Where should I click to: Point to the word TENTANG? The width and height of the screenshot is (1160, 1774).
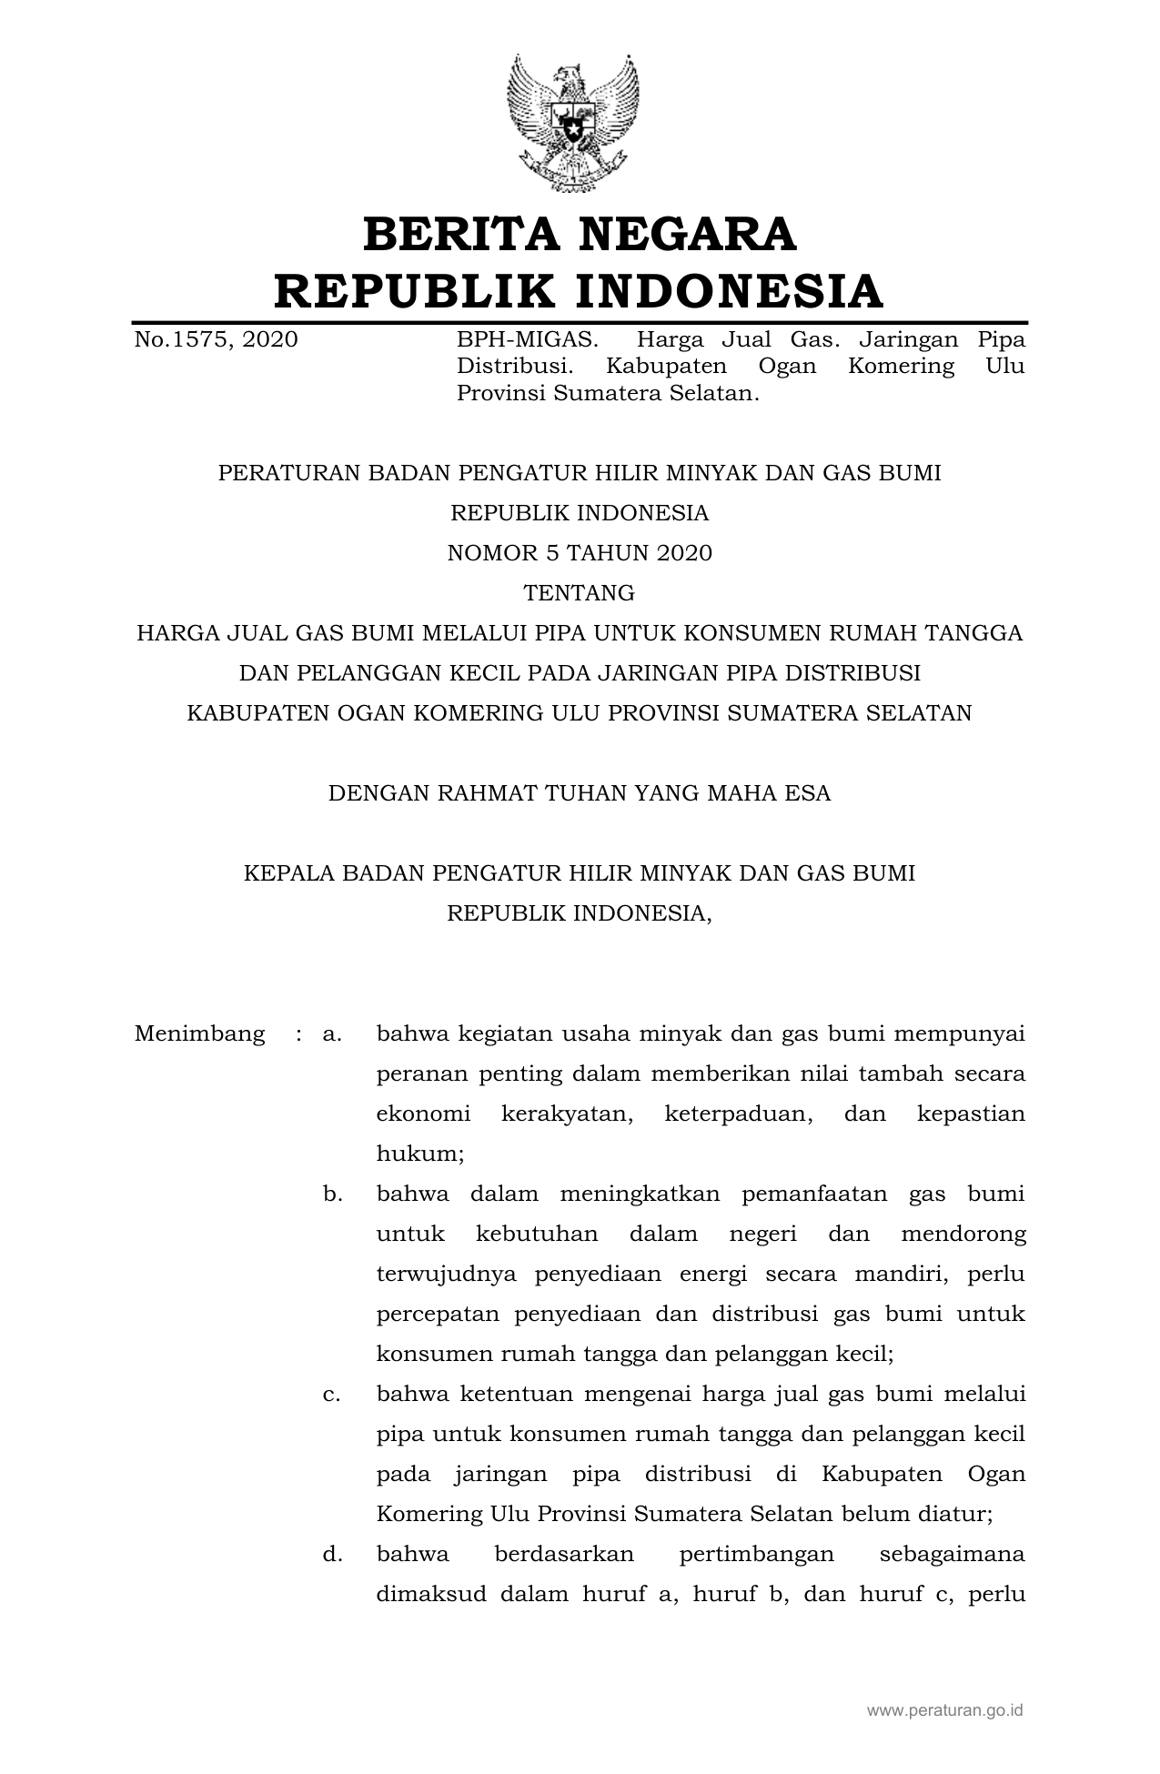click(580, 593)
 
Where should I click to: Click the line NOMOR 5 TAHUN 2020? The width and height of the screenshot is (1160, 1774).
click(580, 553)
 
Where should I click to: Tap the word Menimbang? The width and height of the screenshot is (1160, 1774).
click(199, 1034)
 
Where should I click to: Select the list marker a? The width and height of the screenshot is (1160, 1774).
click(331, 1034)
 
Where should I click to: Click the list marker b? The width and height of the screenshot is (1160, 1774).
click(332, 1194)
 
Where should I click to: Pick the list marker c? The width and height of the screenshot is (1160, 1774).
click(331, 1395)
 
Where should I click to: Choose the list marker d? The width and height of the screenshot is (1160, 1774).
click(332, 1555)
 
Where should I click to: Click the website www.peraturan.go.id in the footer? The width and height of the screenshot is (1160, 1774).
click(944, 1710)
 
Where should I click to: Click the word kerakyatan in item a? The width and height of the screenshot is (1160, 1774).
click(567, 1114)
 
